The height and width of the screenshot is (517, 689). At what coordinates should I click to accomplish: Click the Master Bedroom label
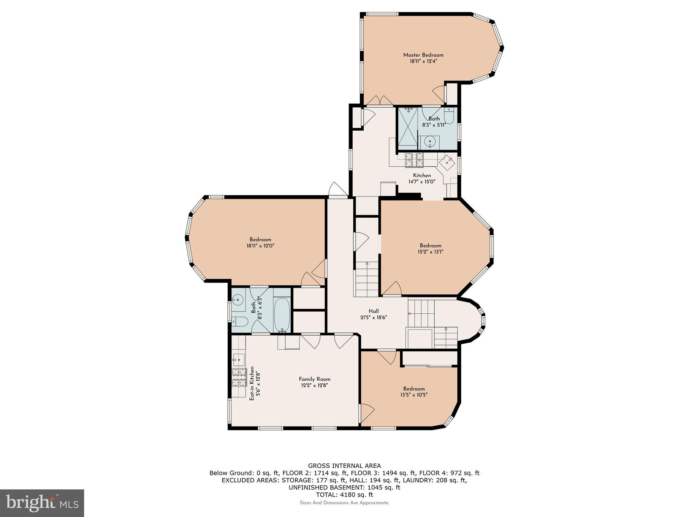[423, 55]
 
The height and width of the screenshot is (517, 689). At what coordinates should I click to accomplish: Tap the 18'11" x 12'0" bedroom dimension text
[260, 246]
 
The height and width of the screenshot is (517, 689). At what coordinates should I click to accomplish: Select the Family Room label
[315, 379]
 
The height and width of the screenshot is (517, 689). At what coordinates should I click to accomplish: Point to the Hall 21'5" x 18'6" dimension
[373, 317]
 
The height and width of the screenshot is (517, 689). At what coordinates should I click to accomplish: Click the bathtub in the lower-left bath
[282, 315]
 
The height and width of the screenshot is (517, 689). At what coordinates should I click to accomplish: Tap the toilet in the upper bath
[449, 116]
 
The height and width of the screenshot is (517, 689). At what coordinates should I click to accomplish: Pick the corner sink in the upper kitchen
[447, 163]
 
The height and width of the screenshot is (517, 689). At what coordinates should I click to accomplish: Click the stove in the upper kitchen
[414, 160]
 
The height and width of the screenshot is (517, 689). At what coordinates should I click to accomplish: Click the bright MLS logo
[42, 503]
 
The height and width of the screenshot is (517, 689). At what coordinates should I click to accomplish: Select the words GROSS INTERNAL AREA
[344, 466]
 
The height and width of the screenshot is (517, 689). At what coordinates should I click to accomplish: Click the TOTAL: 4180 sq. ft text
[344, 495]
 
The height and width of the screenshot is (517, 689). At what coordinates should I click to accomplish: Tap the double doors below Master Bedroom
[379, 100]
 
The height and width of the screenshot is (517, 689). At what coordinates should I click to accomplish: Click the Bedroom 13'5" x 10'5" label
[414, 391]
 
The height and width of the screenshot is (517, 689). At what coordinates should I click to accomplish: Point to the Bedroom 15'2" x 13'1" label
[430, 248]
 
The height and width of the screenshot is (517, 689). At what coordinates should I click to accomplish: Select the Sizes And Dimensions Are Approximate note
[344, 503]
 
